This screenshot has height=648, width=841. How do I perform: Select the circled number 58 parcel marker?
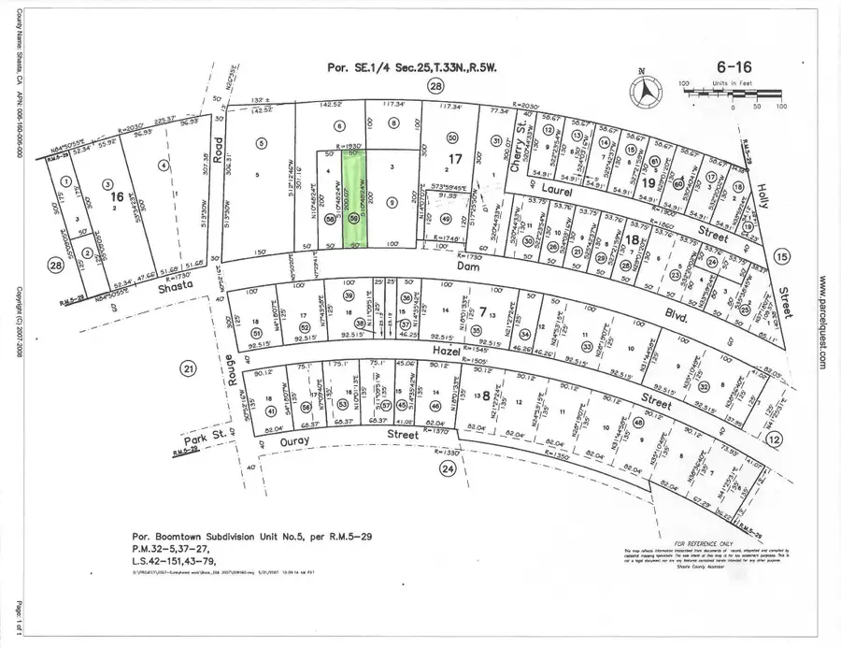pos(329,219)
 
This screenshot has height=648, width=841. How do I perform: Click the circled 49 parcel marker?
pos(445,220)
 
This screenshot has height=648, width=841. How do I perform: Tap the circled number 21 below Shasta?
pos(188,369)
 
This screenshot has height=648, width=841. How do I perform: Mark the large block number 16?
pos(117,198)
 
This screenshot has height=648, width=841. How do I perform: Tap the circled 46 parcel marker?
pos(435,406)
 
